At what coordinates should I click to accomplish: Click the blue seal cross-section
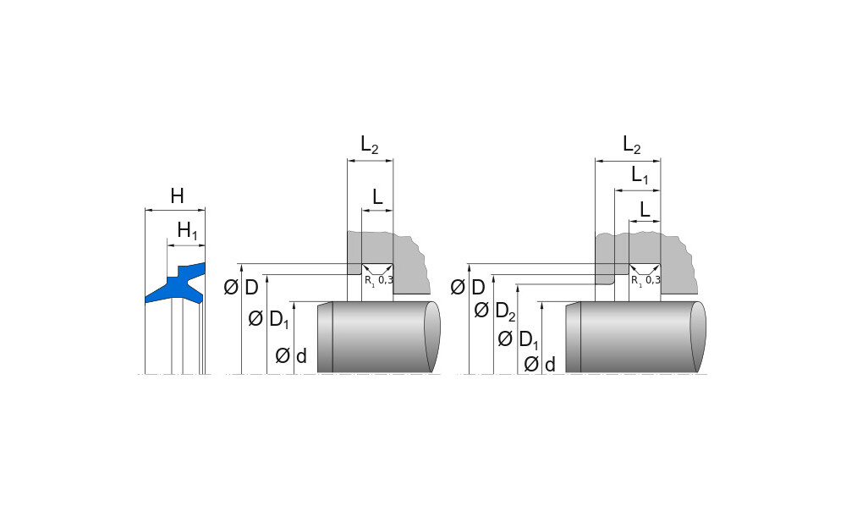tap(178, 283)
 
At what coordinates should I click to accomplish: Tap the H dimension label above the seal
tap(177, 196)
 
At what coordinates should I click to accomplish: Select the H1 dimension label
tap(187, 231)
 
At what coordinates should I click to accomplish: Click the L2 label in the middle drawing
tap(370, 145)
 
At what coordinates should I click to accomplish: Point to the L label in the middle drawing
tap(377, 197)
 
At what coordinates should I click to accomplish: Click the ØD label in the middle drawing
tap(241, 288)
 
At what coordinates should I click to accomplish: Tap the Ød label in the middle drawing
tap(291, 355)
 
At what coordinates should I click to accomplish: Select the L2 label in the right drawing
tap(632, 145)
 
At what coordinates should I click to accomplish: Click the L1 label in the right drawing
tap(640, 175)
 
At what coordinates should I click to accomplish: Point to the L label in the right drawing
tap(645, 209)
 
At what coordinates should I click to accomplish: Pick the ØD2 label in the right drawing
tap(495, 311)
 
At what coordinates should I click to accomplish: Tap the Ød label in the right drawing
tap(540, 365)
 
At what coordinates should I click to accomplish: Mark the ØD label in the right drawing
tap(468, 288)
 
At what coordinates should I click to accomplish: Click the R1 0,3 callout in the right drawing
tap(645, 280)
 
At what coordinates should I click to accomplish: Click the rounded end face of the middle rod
tap(432, 337)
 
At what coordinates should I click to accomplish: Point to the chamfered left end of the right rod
tap(573, 338)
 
